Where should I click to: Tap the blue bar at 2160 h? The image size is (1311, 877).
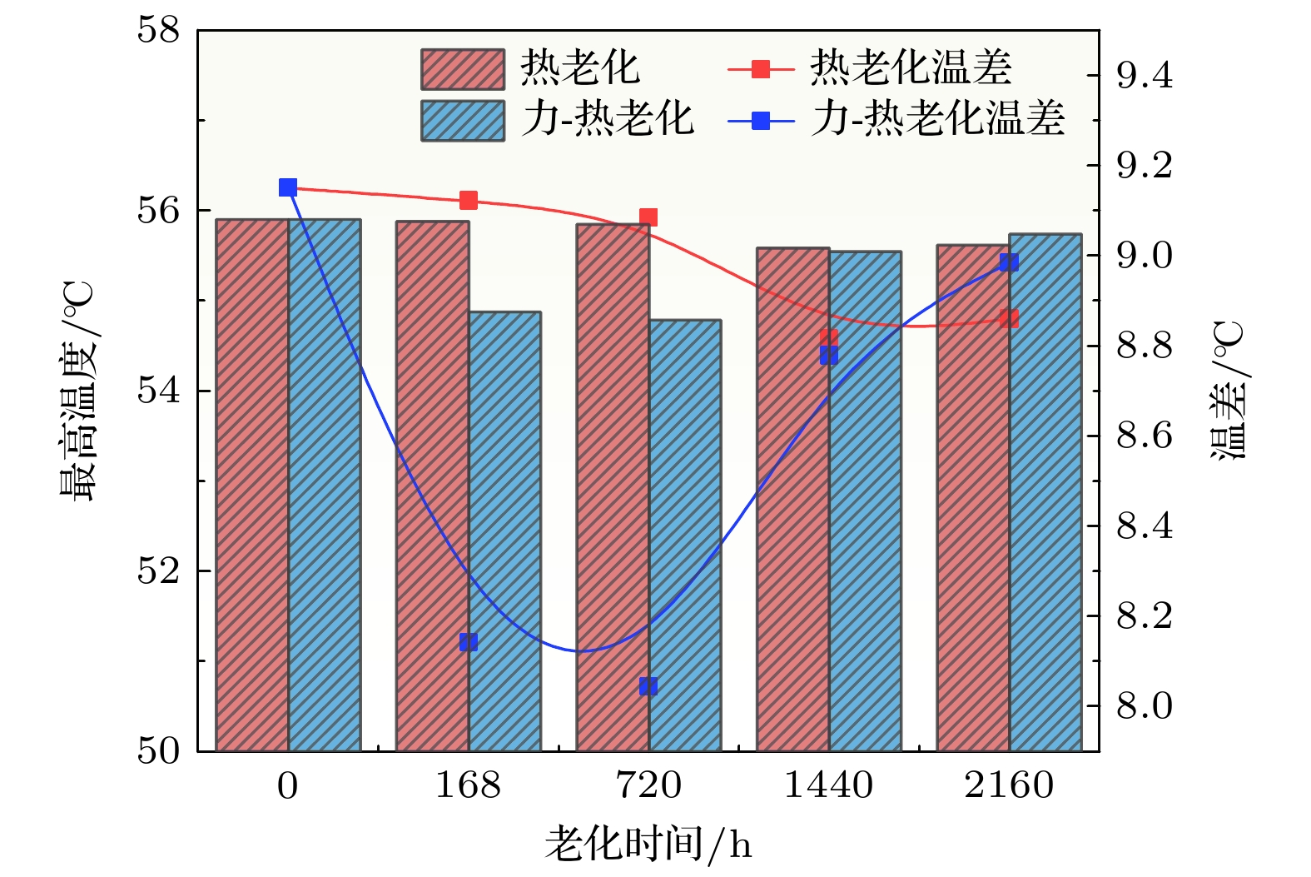[x=1045, y=492]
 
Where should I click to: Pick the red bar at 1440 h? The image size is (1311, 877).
[x=792, y=499]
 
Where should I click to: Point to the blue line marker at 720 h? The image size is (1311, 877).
[x=648, y=686]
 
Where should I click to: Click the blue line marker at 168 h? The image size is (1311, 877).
[x=469, y=642]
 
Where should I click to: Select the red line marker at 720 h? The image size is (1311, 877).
[x=648, y=217]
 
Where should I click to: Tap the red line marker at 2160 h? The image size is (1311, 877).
[x=1009, y=319]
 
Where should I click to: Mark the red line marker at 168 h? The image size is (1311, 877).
[x=469, y=200]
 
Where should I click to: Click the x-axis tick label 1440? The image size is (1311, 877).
[x=828, y=785]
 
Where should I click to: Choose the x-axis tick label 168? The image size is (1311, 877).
[x=469, y=785]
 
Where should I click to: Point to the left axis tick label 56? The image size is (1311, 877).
[x=158, y=211]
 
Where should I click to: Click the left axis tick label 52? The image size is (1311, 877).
[x=158, y=571]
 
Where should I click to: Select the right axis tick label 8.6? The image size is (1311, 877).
[x=1144, y=436]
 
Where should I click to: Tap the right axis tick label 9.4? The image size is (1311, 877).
[x=1144, y=76]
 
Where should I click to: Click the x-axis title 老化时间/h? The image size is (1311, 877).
[x=648, y=845]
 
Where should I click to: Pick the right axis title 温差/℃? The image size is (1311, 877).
[x=1228, y=390]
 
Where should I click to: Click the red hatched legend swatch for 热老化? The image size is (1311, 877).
[x=463, y=69]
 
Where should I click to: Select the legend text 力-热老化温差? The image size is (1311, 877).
[x=939, y=119]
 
